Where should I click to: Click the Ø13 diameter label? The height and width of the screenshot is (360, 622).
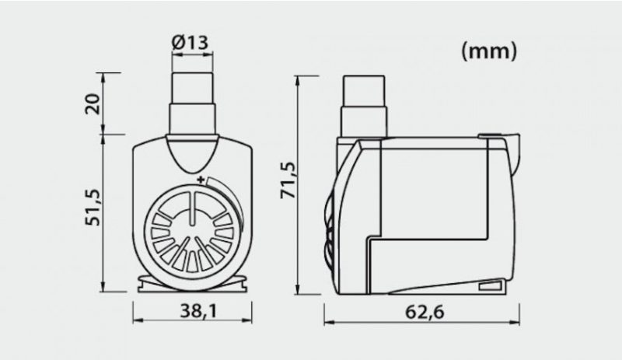190,42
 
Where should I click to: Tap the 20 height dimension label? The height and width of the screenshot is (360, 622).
93,104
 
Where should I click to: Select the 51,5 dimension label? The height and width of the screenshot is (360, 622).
93,208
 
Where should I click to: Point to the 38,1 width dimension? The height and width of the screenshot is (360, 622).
199,311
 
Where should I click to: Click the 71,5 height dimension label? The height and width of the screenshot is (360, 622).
288,180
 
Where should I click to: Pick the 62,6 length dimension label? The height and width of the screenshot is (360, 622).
425,312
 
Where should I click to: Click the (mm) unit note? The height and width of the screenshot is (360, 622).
490,51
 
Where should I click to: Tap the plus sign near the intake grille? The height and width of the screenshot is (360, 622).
201,180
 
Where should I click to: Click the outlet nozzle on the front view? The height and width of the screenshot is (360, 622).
192,104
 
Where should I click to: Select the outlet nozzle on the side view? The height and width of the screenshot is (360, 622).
364,107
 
